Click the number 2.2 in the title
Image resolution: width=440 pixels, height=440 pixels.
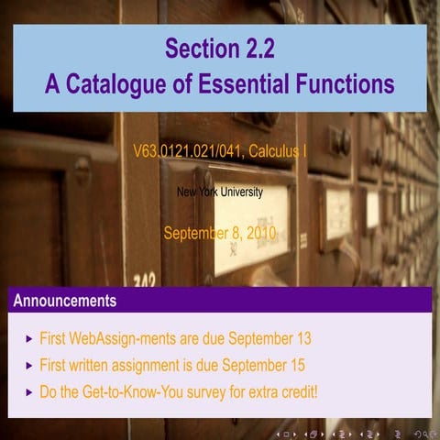[x=255, y=48]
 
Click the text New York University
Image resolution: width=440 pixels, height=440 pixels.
[x=219, y=192]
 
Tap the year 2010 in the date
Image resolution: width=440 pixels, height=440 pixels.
[x=258, y=233]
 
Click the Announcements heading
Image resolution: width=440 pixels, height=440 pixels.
[x=64, y=300]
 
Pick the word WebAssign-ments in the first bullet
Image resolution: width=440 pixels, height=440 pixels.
[x=123, y=339]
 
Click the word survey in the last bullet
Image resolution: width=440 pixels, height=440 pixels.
[x=217, y=391]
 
